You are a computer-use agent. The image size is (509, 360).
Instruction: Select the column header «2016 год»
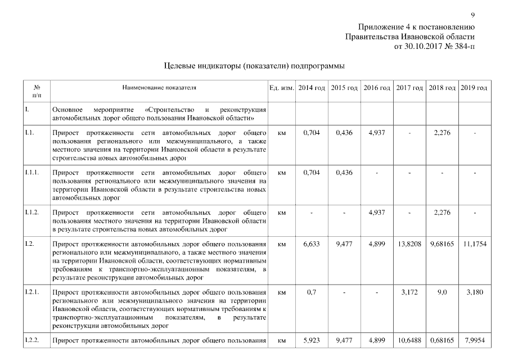click(377, 88)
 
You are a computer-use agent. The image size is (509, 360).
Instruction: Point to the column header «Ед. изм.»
click(282, 88)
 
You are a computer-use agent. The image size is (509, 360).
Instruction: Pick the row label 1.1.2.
click(31, 213)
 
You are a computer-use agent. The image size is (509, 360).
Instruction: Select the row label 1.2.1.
click(31, 292)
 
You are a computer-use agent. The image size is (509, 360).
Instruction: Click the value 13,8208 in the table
click(409, 245)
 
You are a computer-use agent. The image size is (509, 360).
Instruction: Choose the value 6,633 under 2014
click(311, 245)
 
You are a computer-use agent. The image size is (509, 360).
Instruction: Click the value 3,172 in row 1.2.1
click(409, 292)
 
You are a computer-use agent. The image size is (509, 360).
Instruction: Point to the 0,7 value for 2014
click(311, 292)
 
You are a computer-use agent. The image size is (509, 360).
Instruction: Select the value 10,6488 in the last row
click(409, 340)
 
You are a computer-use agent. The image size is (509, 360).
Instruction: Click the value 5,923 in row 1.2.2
click(311, 340)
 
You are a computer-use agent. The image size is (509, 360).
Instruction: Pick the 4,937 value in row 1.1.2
click(377, 213)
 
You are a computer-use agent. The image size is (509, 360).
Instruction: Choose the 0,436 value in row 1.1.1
click(344, 173)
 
